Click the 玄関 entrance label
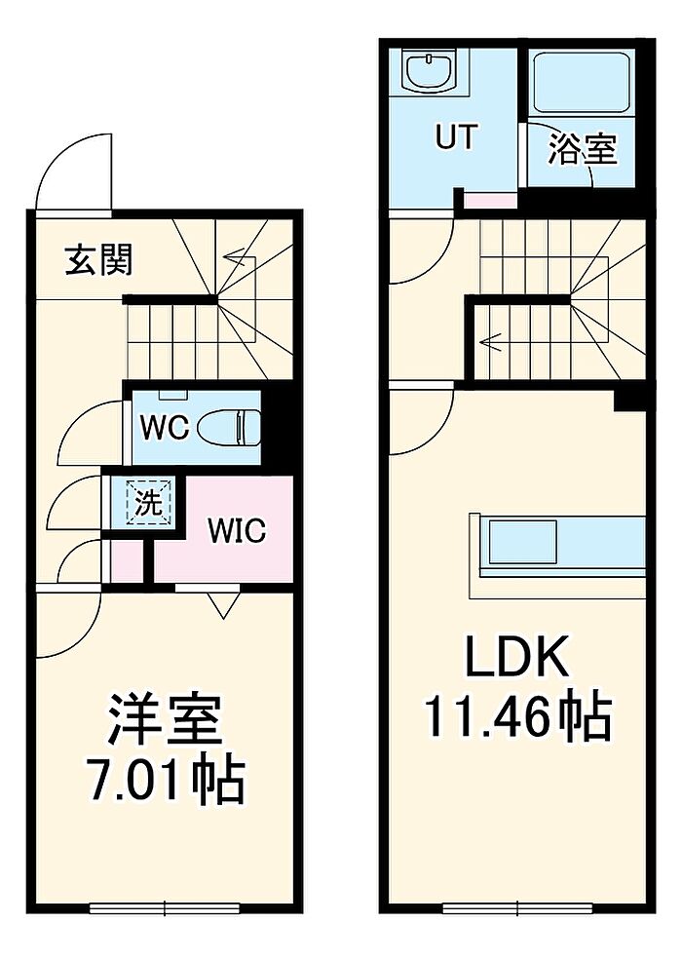tap(98, 260)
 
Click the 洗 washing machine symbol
tap(148, 504)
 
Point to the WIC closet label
tap(236, 531)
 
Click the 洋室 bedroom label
tap(165, 720)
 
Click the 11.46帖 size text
tap(515, 718)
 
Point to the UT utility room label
tap(456, 137)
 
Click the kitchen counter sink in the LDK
tap(522, 543)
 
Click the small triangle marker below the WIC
tap(223, 606)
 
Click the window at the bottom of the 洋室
tap(165, 908)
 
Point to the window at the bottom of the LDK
tap(516, 908)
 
